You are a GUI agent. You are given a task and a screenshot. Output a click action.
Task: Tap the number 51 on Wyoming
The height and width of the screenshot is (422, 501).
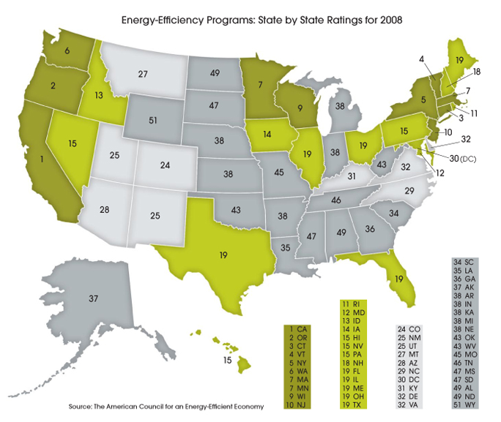click(x=153, y=121)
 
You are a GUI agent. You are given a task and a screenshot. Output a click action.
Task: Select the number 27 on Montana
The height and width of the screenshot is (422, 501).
click(x=143, y=74)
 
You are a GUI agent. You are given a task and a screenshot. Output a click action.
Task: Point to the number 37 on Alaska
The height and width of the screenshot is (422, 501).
click(x=92, y=298)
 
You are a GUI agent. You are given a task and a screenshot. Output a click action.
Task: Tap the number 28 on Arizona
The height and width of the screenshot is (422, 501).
click(x=105, y=210)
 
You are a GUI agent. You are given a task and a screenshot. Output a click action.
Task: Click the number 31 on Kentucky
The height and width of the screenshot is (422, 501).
click(x=352, y=176)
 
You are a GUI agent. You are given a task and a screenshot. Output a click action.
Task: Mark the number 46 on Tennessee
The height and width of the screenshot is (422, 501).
click(x=335, y=198)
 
